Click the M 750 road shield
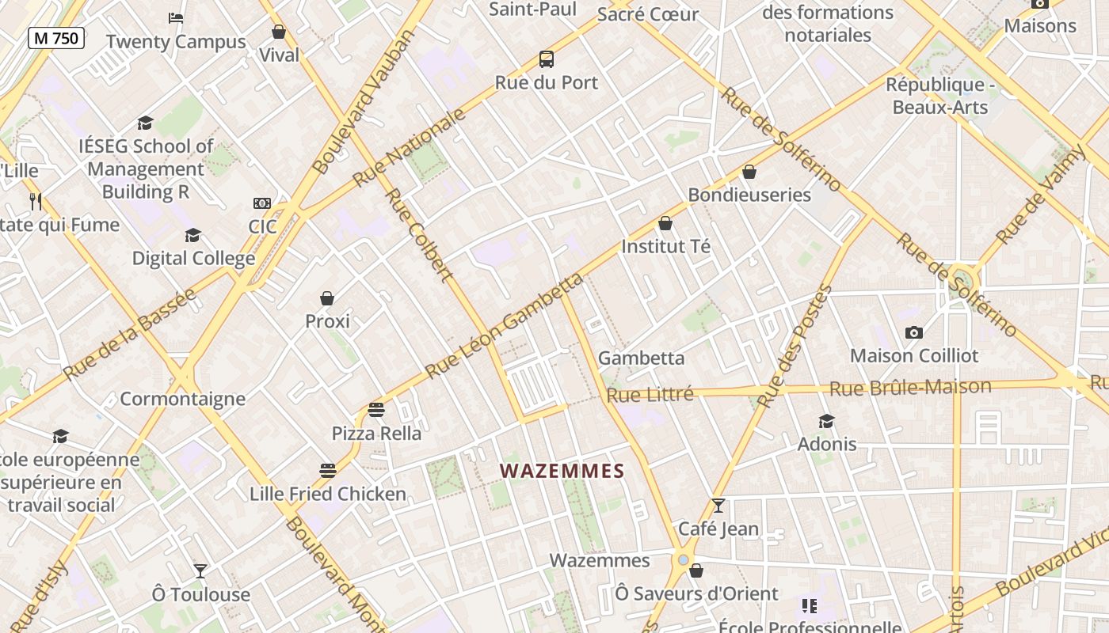(x=56, y=37)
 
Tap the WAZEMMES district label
(x=562, y=471)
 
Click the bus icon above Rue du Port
(x=547, y=59)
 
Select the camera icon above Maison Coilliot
(x=914, y=332)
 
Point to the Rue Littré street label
(x=650, y=394)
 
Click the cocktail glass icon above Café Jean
(x=718, y=505)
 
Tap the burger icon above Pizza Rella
(x=376, y=410)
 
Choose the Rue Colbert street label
(x=419, y=235)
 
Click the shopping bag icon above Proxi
(x=327, y=298)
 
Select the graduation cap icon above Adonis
(x=827, y=421)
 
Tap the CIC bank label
(x=262, y=227)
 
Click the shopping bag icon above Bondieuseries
(x=749, y=172)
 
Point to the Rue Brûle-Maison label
(x=910, y=388)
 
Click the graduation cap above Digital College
(x=193, y=235)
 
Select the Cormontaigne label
(x=183, y=398)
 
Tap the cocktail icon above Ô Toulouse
(x=200, y=570)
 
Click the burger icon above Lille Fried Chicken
(x=328, y=471)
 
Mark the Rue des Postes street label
(x=795, y=346)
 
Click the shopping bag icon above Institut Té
(x=665, y=223)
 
